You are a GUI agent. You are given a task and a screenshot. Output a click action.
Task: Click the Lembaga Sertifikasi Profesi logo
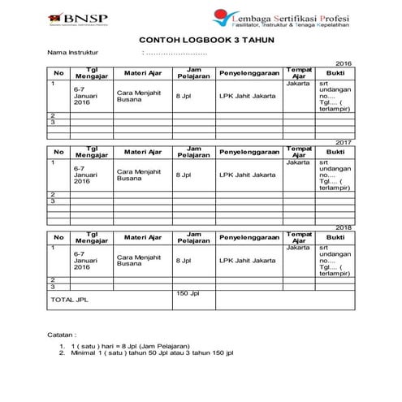pos(279,18)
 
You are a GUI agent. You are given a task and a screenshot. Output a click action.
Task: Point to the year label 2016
pos(344,63)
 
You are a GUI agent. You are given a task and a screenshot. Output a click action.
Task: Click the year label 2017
pos(344,141)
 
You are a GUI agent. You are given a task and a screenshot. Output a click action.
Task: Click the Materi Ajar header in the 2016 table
pos(142,74)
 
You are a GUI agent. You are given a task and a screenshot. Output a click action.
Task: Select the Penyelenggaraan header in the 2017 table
pos(249,152)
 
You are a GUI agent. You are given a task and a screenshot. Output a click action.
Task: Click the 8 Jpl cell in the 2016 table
pos(184,96)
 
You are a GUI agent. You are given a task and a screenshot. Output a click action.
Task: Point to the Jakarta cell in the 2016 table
pos(298,84)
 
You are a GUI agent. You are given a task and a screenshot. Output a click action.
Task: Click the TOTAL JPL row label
pos(69,300)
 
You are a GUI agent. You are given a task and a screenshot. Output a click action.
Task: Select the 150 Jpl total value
pos(188,292)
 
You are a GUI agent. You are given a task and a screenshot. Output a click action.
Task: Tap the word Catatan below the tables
pos(63,335)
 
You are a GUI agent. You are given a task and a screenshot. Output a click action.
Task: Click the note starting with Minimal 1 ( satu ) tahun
pos(153,354)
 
